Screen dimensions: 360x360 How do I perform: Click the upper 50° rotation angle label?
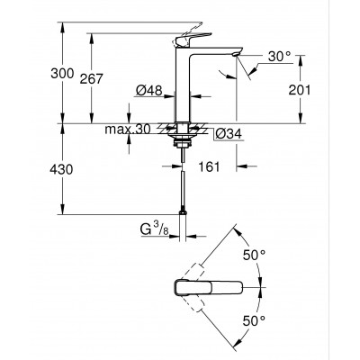[255, 254]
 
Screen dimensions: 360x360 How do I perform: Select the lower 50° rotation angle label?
[255, 319]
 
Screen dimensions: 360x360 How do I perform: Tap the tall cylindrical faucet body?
[185, 85]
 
